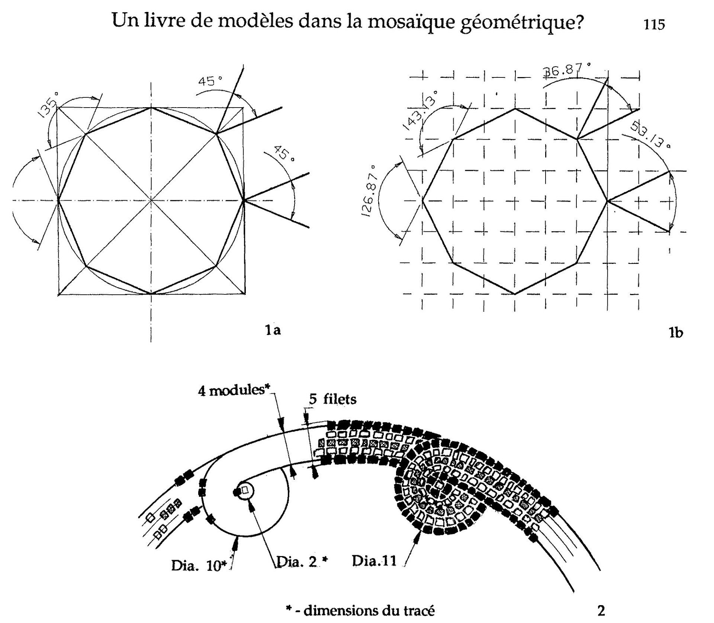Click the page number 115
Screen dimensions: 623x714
tap(654, 25)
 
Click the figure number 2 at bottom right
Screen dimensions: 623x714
tap(601, 610)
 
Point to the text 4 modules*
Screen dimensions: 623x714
tap(233, 391)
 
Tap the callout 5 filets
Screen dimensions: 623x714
tap(332, 399)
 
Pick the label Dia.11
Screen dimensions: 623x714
tap(374, 560)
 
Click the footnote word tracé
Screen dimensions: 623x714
tap(416, 611)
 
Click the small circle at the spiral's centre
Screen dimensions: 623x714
tap(245, 492)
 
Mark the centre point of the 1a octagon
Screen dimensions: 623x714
tap(151, 201)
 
